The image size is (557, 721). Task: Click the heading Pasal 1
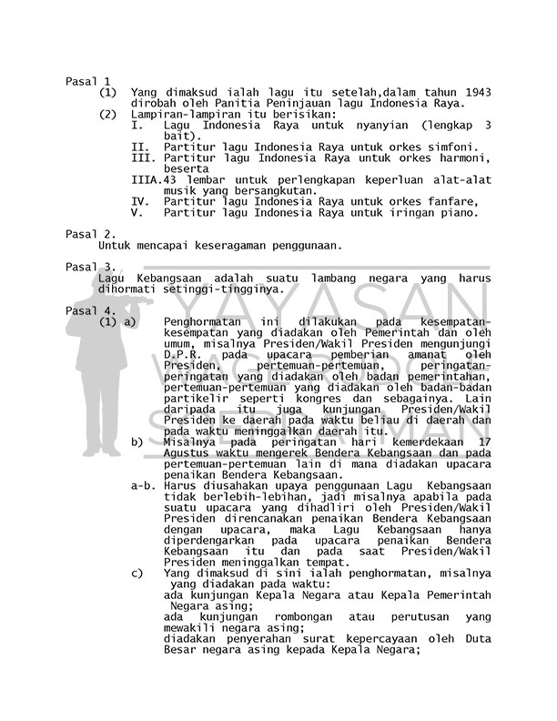pyautogui.click(x=88, y=82)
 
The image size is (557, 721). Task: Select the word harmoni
pyautogui.click(x=455, y=158)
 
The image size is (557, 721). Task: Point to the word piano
pyautogui.click(x=459, y=213)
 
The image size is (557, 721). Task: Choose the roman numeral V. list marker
pyautogui.click(x=137, y=213)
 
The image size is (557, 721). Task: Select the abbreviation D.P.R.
pyautogui.click(x=183, y=354)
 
